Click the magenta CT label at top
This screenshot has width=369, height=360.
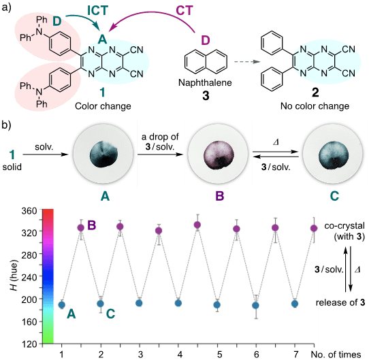pyautogui.click(x=168, y=10)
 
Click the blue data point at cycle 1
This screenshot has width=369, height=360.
pyautogui.click(x=62, y=304)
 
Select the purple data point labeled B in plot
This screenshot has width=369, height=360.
pyautogui.click(x=81, y=227)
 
